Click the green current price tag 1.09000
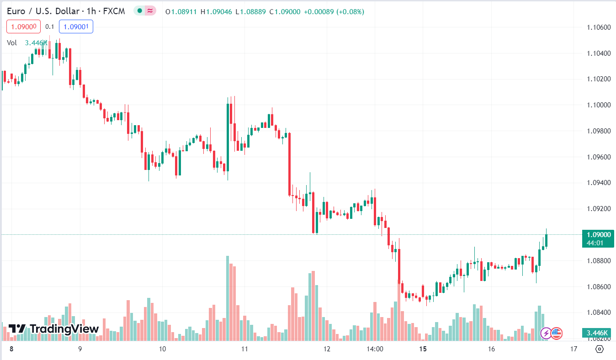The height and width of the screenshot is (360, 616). tap(597, 235)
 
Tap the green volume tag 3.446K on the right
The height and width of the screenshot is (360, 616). tap(597, 333)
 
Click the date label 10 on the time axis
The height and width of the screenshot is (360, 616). tap(162, 349)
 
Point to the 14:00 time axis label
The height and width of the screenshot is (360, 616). tap(375, 349)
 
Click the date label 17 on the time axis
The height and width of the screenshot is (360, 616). tap(574, 349)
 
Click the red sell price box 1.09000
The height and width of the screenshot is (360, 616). tap(24, 27)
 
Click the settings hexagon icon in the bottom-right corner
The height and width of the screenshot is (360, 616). tap(600, 349)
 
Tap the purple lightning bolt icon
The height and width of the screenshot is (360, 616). tap(546, 333)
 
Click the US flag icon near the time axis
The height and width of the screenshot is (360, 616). tap(556, 333)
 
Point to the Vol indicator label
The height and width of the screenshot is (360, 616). tap(12, 42)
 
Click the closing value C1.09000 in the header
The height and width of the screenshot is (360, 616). tap(285, 11)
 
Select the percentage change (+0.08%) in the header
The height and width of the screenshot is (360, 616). tap(350, 11)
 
